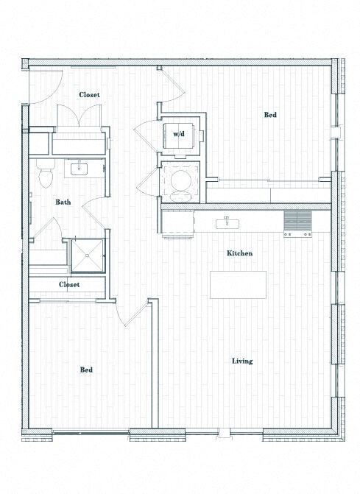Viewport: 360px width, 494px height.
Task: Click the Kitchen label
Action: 239,253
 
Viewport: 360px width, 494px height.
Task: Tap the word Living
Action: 242,361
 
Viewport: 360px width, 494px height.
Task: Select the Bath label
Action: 63,202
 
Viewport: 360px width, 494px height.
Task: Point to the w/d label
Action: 179,134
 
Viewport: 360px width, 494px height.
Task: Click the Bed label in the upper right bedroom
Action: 270,115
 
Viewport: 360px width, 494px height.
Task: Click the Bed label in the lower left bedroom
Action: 86,370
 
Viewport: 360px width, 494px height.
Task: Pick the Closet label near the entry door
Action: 89,95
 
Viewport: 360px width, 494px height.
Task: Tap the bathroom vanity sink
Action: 78,169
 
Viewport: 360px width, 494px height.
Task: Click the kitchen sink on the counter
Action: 227,222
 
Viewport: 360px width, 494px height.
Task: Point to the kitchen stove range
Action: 298,223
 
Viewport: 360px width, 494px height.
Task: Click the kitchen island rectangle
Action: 238,284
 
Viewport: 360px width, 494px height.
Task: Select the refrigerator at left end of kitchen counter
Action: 177,222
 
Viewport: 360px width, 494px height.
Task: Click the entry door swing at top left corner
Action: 40,86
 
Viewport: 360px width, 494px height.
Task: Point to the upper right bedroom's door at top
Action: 169,83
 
